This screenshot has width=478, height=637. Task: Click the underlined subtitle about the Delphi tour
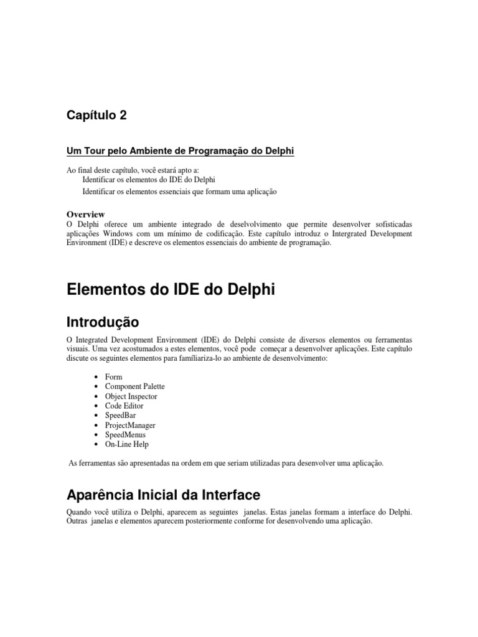pyautogui.click(x=180, y=151)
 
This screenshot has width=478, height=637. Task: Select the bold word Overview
pyautogui.click(x=85, y=214)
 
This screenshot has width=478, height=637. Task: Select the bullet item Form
pyautogui.click(x=113, y=377)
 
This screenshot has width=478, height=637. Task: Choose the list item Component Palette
pyautogui.click(x=134, y=386)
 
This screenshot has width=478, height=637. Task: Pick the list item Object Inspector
pyautogui.click(x=131, y=396)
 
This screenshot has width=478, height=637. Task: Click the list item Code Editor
pyautogui.click(x=124, y=406)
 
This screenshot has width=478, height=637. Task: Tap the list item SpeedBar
pyautogui.click(x=121, y=416)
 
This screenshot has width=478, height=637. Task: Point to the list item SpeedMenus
pyautogui.click(x=126, y=435)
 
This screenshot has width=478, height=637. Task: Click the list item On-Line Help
pyautogui.click(x=126, y=444)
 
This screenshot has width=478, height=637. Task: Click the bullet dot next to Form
pyautogui.click(x=95, y=378)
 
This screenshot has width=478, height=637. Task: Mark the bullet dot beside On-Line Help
pyautogui.click(x=95, y=445)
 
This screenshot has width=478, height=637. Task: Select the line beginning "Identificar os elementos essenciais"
pyautogui.click(x=179, y=192)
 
